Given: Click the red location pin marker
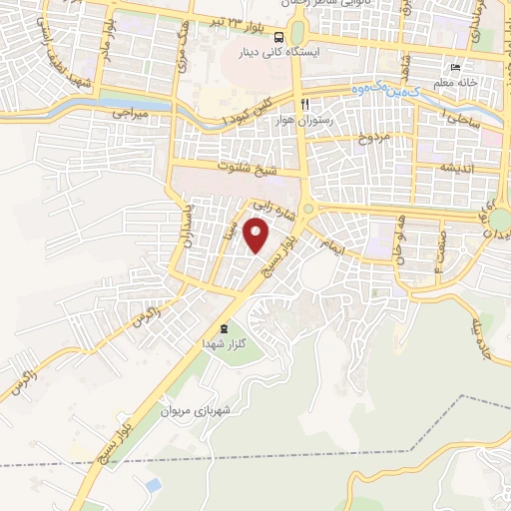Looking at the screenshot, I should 257,236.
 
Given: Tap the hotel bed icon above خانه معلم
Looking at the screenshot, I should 455,68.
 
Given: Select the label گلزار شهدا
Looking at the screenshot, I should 222,342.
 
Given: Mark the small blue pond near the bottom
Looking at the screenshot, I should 152,485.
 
